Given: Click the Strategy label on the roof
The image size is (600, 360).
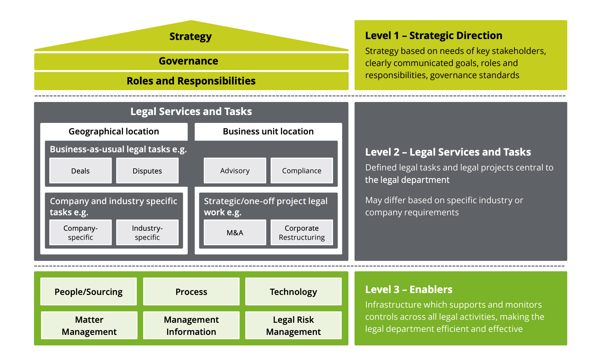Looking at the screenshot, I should (190, 37).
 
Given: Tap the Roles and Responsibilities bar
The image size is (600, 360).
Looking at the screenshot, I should (191, 81).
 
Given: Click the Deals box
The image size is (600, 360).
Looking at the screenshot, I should (81, 171).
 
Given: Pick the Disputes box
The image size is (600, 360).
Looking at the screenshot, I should (147, 171).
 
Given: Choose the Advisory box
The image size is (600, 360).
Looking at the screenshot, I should (235, 170).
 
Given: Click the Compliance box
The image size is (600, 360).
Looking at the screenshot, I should (302, 170).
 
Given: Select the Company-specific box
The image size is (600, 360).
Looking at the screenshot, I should (81, 233).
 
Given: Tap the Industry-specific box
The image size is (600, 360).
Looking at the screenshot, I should (147, 233).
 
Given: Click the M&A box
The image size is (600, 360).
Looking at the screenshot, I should (235, 233).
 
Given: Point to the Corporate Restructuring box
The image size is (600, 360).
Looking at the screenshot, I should (302, 233).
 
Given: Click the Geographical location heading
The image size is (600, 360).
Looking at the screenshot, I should (114, 131).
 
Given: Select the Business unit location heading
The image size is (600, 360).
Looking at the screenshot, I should (268, 131).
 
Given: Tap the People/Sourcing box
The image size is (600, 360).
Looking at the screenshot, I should (89, 292).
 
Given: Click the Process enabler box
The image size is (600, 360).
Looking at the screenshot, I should (191, 292).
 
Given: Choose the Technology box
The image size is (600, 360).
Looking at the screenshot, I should (293, 292).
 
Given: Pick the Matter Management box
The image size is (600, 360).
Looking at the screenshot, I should (89, 325).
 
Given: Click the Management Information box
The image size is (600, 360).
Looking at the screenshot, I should (191, 325).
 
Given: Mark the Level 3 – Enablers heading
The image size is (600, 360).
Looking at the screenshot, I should (409, 289).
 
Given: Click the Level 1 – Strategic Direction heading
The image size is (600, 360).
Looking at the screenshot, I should (434, 35).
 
